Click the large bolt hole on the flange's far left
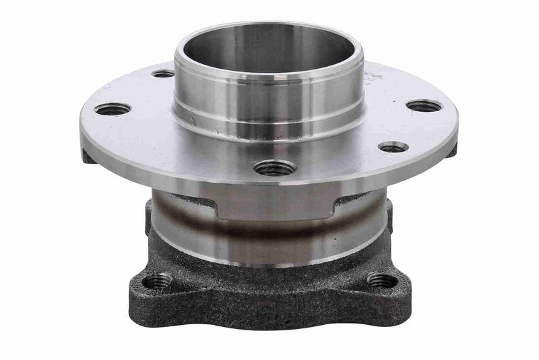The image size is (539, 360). (x=113, y=109)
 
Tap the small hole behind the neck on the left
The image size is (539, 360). (x=163, y=73)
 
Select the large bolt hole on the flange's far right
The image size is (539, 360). (x=424, y=106)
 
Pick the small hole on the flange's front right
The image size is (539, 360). (x=393, y=146)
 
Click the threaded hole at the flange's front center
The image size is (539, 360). (x=275, y=167)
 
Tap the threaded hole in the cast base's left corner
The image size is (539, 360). (x=157, y=281)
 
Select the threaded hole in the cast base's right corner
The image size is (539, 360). (x=382, y=280)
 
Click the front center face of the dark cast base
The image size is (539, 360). (x=269, y=303)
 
